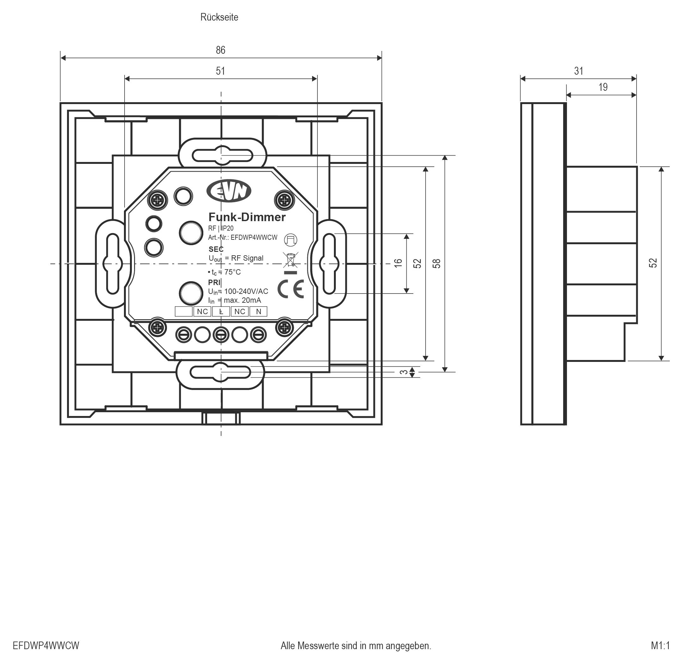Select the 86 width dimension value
point(220,50)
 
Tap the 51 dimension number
point(220,71)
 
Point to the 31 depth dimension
point(578,71)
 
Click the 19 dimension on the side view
point(603,87)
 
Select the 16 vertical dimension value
point(398,263)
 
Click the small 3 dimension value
point(403,372)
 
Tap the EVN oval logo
point(229,191)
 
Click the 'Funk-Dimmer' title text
point(247,217)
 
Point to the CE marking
point(291,289)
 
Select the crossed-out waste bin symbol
point(290,260)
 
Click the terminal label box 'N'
point(258,311)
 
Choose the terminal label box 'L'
point(221,311)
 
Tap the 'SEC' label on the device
point(216,249)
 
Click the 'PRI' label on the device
point(214,282)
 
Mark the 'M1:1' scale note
point(660,646)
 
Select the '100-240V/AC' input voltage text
point(246,291)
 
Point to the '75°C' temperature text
point(232,272)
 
